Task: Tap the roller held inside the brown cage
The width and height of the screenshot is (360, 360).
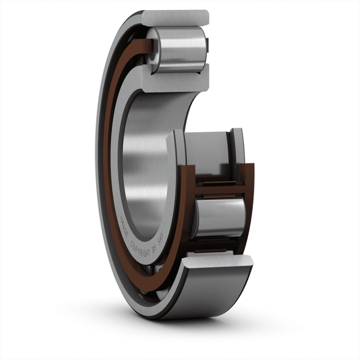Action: pyautogui.click(x=219, y=217)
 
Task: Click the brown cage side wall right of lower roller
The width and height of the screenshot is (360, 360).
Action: pyautogui.click(x=249, y=206)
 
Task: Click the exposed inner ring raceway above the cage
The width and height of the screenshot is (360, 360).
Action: pyautogui.click(x=206, y=150)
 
